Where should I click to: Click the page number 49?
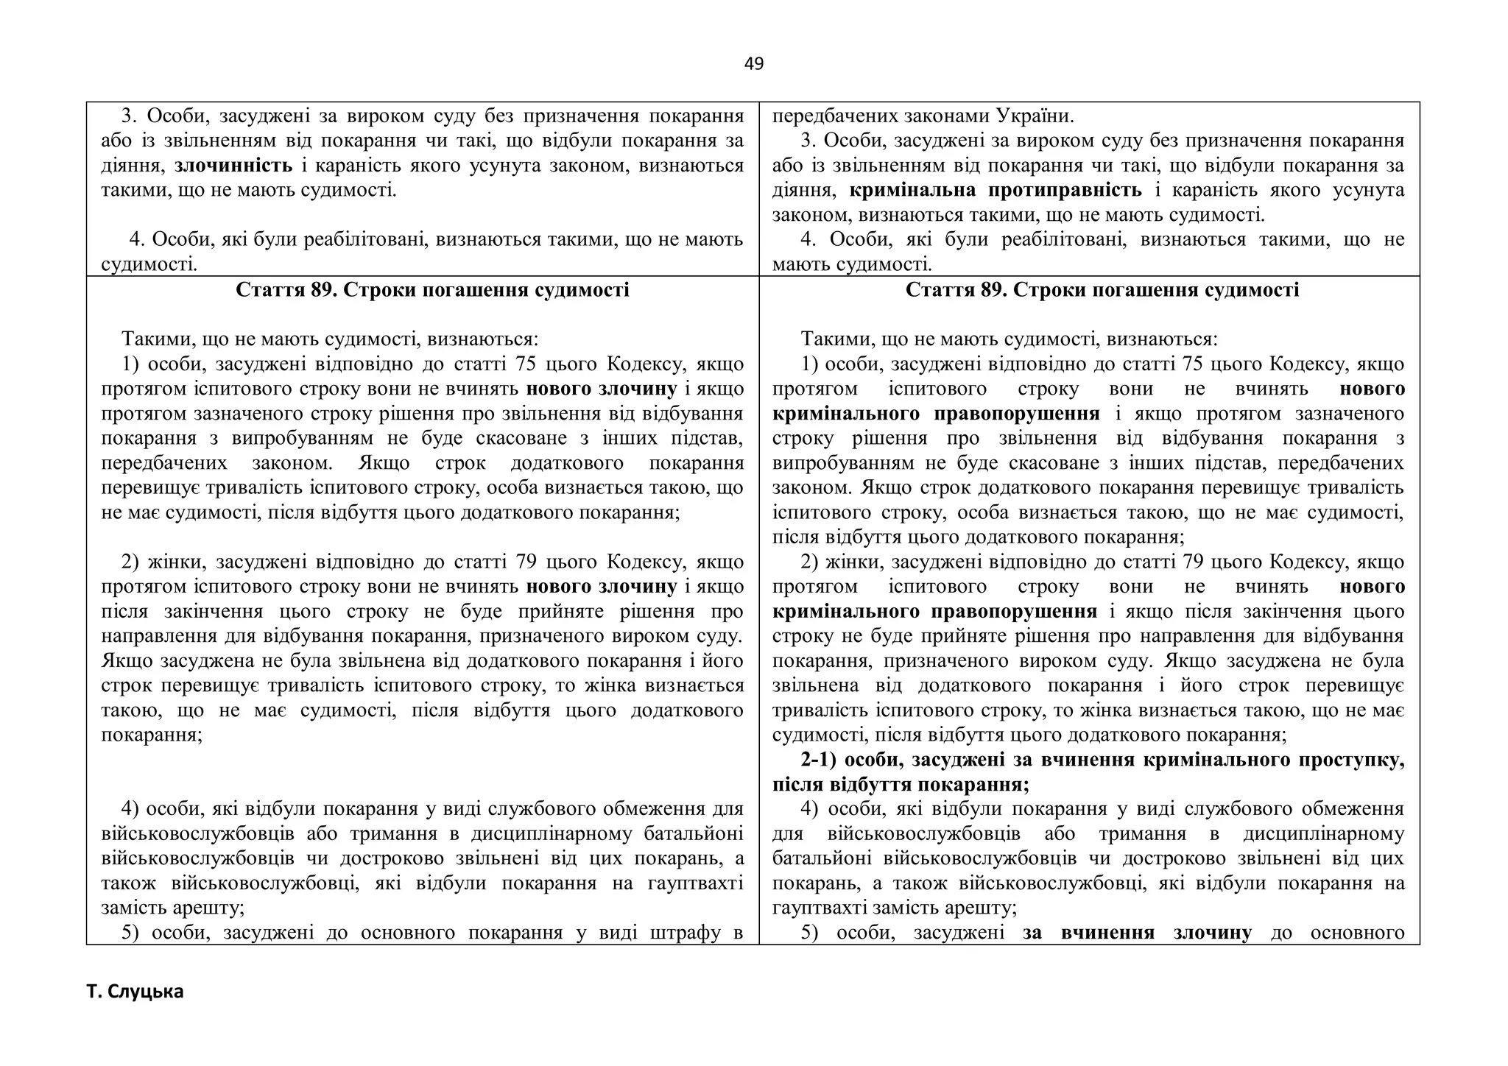click(x=753, y=64)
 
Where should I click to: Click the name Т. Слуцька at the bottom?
click(x=135, y=992)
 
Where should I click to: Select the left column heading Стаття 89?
click(x=432, y=290)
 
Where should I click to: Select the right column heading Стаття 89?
click(x=1102, y=290)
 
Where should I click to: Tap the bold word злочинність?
click(x=233, y=166)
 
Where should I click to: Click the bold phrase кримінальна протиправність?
click(x=996, y=191)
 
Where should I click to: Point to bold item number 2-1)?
click(x=819, y=760)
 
